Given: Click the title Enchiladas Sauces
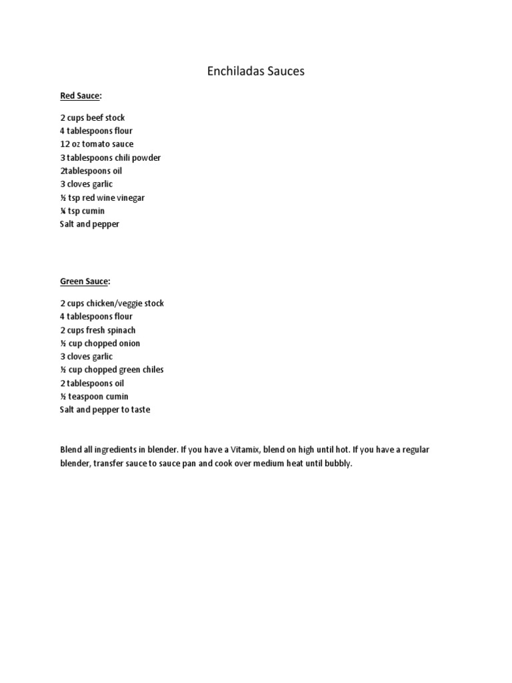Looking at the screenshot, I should pyautogui.click(x=255, y=71).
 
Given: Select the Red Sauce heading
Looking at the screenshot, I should pyautogui.click(x=79, y=96).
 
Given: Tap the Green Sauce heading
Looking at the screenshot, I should pyautogui.click(x=83, y=282).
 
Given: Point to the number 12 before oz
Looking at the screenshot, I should pyautogui.click(x=65, y=144).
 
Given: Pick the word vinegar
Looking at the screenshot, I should pyautogui.click(x=131, y=197).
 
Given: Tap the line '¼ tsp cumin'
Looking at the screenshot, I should pyautogui.click(x=82, y=211).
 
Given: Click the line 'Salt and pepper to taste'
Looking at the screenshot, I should pyautogui.click(x=105, y=410).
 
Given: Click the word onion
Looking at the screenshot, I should pyautogui.click(x=128, y=344).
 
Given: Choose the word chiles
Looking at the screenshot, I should pyautogui.click(x=151, y=370).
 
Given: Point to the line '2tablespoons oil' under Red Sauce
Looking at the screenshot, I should pyautogui.click(x=91, y=171).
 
